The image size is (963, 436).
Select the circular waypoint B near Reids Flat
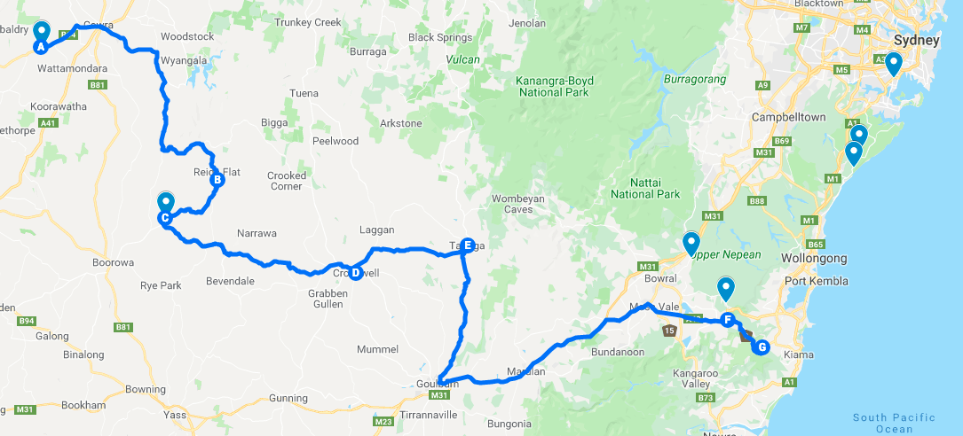coord(216,180)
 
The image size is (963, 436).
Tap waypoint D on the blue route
coord(355,273)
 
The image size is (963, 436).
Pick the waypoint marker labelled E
coord(468,245)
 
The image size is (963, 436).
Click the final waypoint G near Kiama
coord(760,347)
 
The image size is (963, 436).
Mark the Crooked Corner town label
coord(287,181)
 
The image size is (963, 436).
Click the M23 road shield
coord(383,422)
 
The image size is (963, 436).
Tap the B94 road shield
coord(28,321)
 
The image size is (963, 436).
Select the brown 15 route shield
coord(668,331)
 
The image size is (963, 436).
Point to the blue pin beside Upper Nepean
coord(691,241)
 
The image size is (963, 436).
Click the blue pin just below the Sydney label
coord(893,63)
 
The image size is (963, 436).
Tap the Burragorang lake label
coord(694,79)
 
